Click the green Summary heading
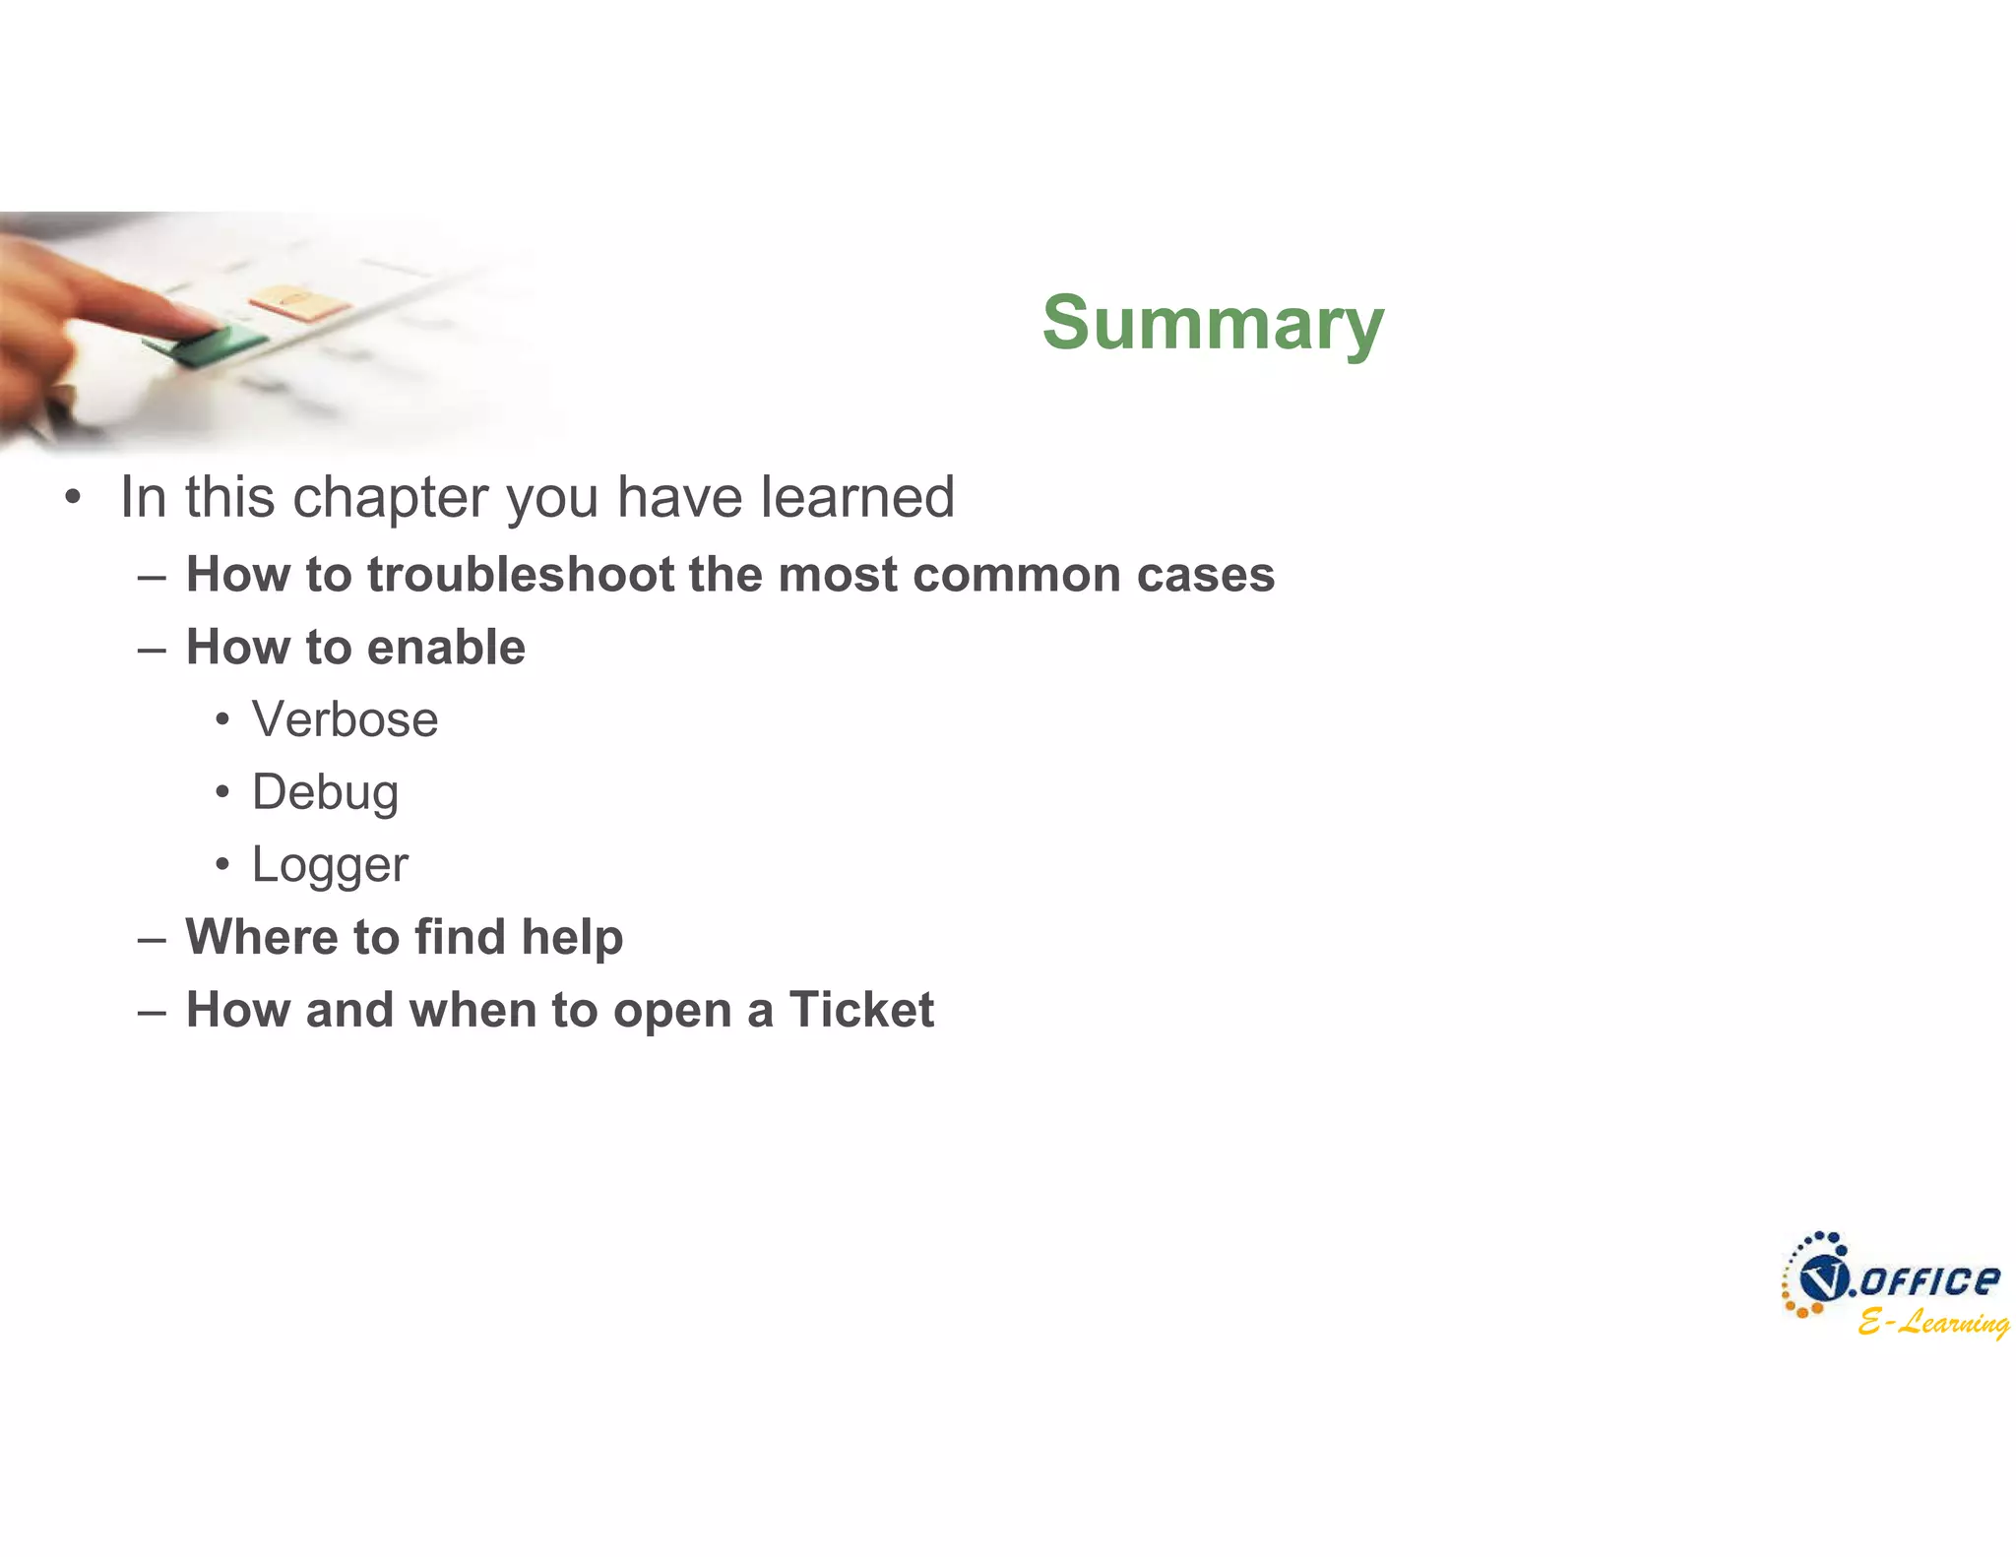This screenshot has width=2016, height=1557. tap(1213, 323)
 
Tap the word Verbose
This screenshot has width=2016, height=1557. tap(345, 719)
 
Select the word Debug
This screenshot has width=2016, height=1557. tap(325, 793)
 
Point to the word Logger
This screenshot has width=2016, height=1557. tap(330, 866)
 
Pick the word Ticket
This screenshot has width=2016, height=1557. tap(860, 1010)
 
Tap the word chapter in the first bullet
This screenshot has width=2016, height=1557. tap(400, 497)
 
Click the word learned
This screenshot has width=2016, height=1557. tap(856, 497)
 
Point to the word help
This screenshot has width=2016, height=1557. tap(572, 937)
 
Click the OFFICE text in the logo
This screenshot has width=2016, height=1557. tap(1929, 1280)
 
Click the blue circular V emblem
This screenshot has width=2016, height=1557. tap(1823, 1279)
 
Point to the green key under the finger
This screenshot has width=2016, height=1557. tap(207, 343)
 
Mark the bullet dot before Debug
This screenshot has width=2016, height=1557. tap(222, 792)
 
